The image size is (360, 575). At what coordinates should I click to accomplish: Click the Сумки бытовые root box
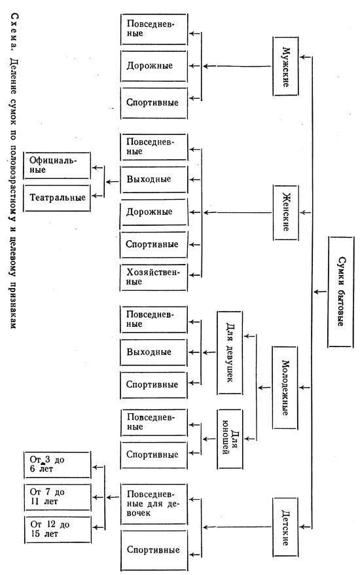click(x=340, y=292)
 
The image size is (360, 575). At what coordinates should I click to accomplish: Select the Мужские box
click(x=285, y=66)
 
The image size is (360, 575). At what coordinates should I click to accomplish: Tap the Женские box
click(x=285, y=213)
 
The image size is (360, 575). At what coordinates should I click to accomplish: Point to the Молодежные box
click(x=285, y=388)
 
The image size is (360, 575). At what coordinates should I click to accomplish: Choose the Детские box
click(x=285, y=527)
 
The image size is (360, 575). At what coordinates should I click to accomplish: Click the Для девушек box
click(x=230, y=353)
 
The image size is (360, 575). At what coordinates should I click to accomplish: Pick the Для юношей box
click(x=230, y=439)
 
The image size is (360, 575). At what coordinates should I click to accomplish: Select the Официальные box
click(x=57, y=166)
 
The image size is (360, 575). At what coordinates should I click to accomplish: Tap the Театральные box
click(x=57, y=198)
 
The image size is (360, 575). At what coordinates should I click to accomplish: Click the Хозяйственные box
click(x=154, y=277)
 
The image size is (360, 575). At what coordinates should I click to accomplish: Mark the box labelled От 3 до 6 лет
click(x=57, y=464)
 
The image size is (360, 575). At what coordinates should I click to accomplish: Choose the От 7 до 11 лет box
click(x=57, y=497)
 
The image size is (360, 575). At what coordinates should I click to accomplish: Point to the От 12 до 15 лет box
click(x=58, y=530)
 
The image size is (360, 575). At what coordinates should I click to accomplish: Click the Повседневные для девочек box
click(x=154, y=504)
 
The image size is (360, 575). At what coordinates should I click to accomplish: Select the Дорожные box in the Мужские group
click(x=154, y=66)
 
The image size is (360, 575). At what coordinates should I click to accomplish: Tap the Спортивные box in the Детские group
click(x=154, y=550)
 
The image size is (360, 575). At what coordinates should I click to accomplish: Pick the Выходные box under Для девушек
click(x=154, y=352)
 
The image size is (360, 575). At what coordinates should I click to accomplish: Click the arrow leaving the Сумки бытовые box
click(x=320, y=292)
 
